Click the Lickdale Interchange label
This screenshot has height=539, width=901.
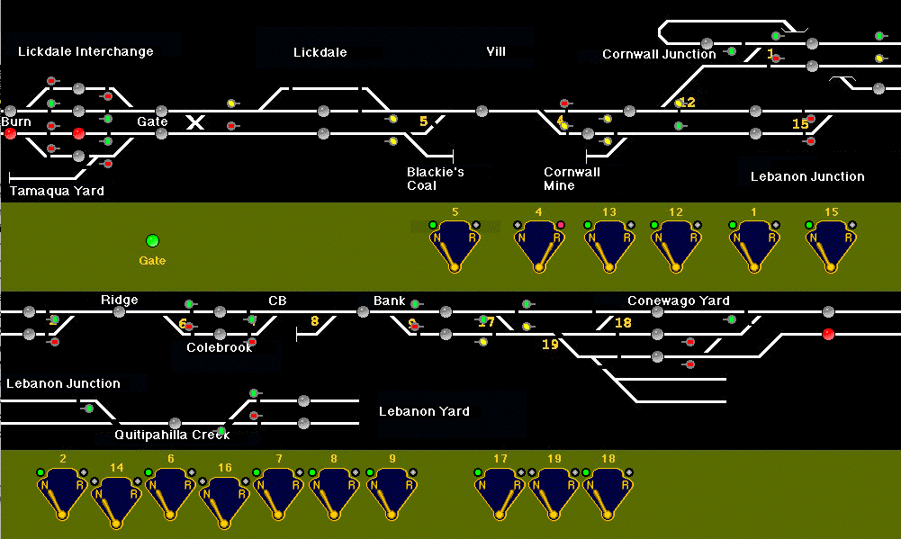coord(86,51)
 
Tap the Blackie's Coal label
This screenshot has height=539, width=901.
coord(435,178)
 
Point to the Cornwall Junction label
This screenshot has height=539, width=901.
coord(659,54)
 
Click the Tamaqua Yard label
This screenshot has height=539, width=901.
coord(57,191)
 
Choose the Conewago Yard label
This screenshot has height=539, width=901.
coord(678,301)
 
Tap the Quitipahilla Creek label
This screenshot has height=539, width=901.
coord(172,435)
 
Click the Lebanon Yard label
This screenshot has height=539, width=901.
coord(424,411)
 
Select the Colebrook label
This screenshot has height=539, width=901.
coord(220,347)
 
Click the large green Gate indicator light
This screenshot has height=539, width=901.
coord(152,240)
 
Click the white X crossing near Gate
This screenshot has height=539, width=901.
coord(194,121)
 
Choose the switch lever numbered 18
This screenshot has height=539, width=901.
coord(608,492)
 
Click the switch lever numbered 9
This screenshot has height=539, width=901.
coord(392,492)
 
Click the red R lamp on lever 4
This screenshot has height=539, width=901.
coord(561,225)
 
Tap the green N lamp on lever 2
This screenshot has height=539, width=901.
coord(41,472)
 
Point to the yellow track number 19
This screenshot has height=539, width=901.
coord(550,344)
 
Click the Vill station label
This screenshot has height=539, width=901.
coord(496,51)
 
